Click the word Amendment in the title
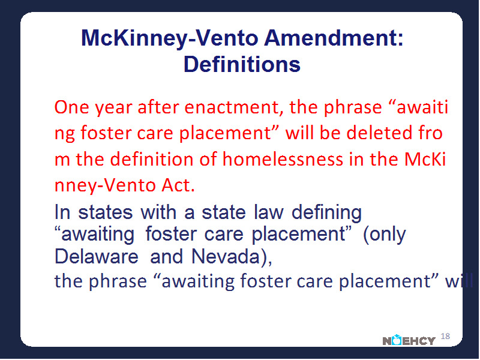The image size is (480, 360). [x=334, y=38]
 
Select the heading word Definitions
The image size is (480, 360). [x=242, y=64]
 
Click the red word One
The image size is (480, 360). [x=71, y=107]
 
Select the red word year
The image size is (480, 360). [x=113, y=109]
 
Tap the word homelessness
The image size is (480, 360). [x=283, y=159]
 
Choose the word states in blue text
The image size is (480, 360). [x=106, y=212]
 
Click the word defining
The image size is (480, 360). [x=326, y=213]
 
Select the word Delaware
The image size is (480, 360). [x=97, y=256]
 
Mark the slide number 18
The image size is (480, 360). [x=445, y=336]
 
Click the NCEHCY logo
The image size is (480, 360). [x=409, y=340]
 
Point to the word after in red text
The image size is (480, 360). [x=158, y=107]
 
